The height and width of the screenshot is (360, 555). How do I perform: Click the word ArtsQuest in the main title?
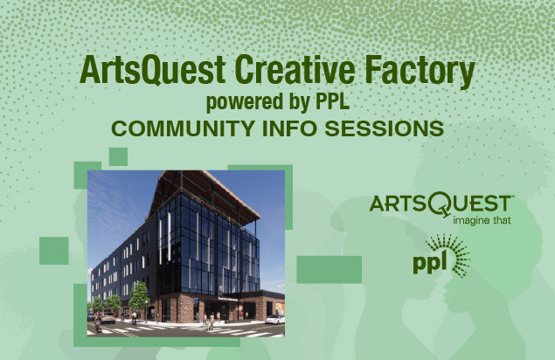153,70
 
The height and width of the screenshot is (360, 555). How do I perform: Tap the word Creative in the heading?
295,69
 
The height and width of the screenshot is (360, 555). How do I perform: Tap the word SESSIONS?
385,128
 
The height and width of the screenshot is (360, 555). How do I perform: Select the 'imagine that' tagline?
482,220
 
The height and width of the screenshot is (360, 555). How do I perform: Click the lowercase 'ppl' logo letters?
429,263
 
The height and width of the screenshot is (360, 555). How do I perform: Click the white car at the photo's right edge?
275,319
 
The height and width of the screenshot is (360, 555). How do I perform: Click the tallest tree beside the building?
138,296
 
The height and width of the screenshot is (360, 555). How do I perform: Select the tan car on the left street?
107,317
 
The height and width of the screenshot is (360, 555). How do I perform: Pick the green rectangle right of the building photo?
330,270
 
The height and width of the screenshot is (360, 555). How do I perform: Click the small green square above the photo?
118,156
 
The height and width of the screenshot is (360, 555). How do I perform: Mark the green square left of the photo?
54,251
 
